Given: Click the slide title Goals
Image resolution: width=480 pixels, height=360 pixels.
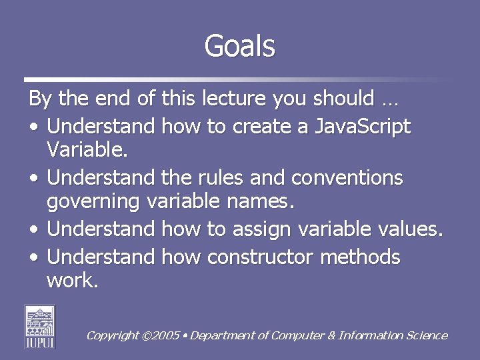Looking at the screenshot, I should pyautogui.click(x=239, y=46).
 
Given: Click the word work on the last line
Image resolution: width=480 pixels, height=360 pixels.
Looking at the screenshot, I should pyautogui.click(x=72, y=280).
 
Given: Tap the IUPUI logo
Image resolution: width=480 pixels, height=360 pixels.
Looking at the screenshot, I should pyautogui.click(x=40, y=326).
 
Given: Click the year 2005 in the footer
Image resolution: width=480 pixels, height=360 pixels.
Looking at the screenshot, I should pyautogui.click(x=166, y=336).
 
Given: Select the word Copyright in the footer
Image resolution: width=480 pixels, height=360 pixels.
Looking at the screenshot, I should pyautogui.click(x=112, y=336).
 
